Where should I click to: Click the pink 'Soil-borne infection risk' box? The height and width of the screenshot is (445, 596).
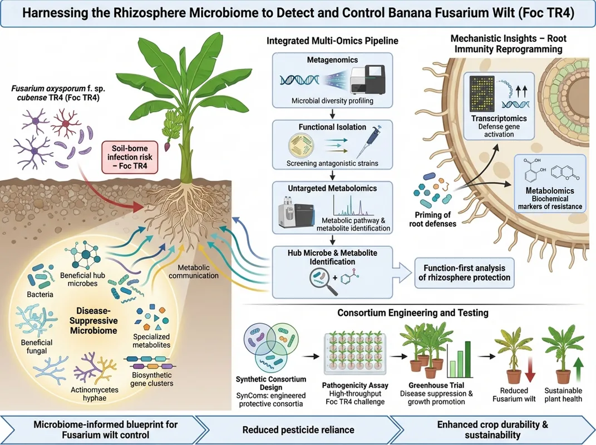pos(130,157)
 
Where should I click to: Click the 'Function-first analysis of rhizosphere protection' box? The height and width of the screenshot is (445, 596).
pos(464,273)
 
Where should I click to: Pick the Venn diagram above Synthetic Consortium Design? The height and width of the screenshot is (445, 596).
pos(270,347)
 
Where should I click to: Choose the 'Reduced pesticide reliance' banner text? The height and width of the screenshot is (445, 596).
pos(298,430)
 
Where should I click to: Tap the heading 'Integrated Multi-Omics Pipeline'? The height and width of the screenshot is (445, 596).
pos(332,41)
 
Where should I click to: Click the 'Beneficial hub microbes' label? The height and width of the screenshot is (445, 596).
pos(82,279)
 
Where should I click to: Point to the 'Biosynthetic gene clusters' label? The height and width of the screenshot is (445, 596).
pos(152,379)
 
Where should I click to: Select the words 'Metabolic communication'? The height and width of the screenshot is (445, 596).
pos(194,271)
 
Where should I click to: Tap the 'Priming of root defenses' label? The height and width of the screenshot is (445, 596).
pos(432,219)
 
